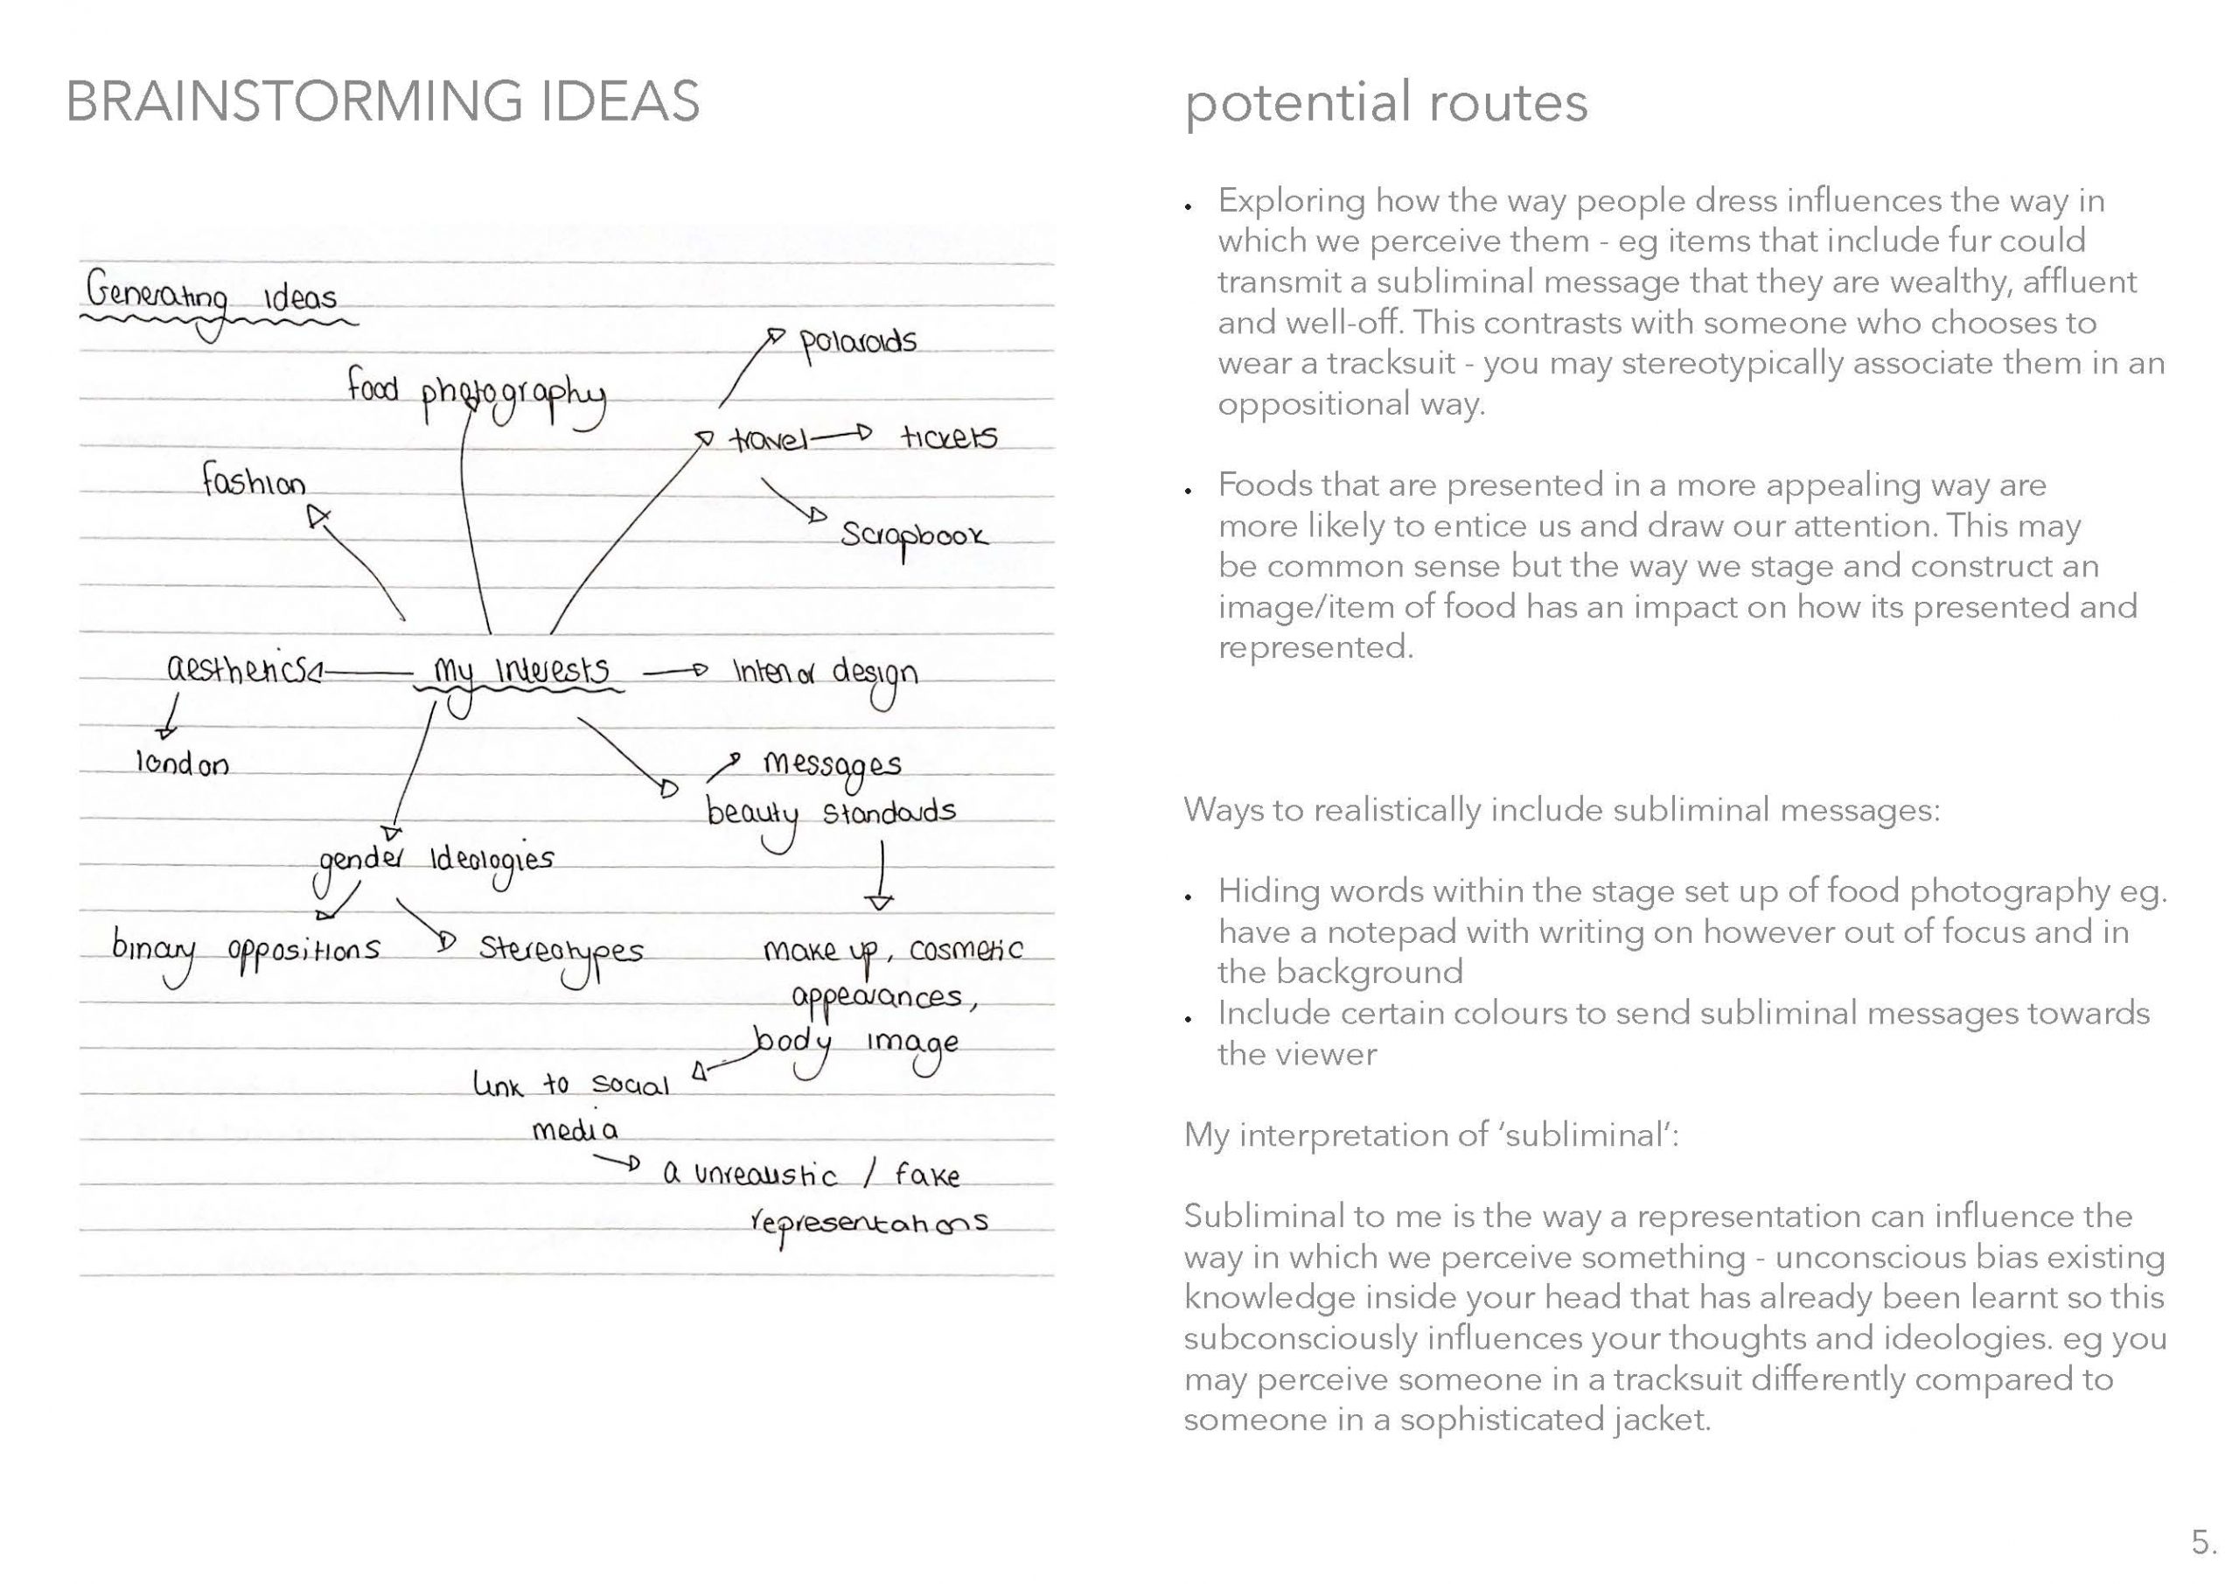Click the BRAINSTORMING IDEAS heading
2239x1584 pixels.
point(382,101)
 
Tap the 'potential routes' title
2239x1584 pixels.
point(1385,102)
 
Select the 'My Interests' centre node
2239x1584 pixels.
point(522,672)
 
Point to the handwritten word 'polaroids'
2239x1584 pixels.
point(858,344)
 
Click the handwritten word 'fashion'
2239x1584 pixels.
point(254,481)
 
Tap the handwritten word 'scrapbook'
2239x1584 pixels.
point(914,535)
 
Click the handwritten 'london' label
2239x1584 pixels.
point(183,764)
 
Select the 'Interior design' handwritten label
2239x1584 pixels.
point(825,673)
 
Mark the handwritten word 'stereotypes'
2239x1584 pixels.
point(561,952)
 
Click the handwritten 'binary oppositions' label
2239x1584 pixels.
point(246,949)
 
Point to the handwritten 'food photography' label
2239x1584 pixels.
point(476,392)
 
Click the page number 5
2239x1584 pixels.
point(2204,1542)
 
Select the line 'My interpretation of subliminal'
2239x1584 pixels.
point(1431,1134)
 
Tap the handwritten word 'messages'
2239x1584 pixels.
point(832,765)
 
